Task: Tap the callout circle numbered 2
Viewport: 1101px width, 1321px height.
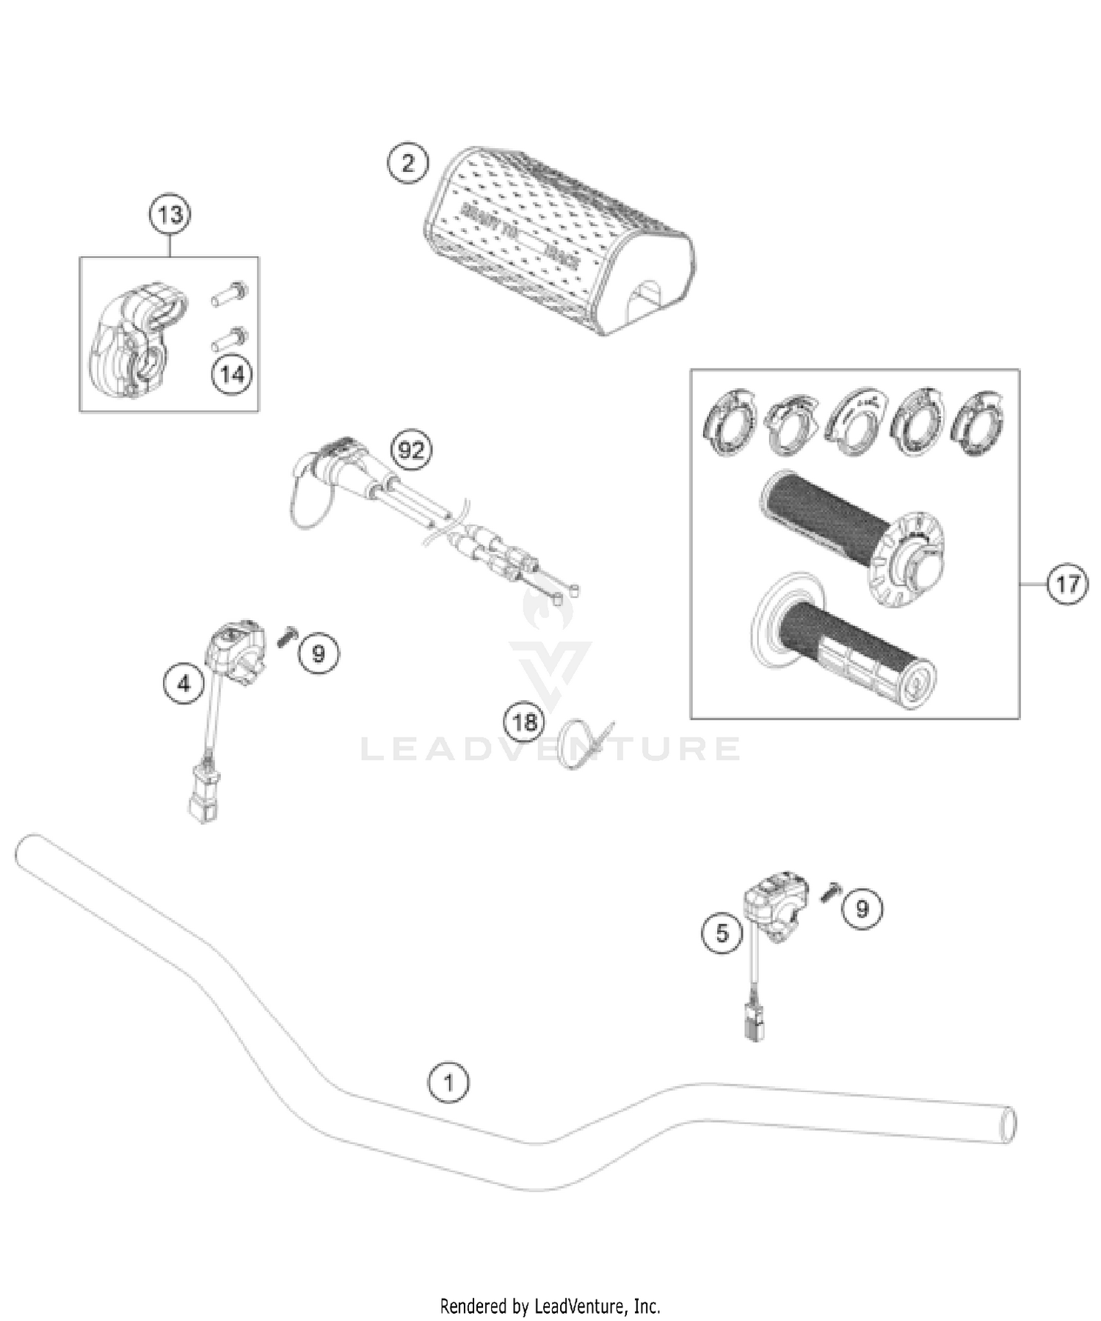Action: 408,162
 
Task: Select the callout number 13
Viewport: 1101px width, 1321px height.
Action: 170,215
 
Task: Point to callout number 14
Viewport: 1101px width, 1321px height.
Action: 232,374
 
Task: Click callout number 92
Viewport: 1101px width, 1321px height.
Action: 411,450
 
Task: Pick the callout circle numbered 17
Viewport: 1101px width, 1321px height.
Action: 1067,584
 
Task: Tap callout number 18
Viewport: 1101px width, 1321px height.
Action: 524,722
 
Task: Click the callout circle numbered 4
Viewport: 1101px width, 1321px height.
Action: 183,684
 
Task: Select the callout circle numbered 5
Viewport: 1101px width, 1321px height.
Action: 723,933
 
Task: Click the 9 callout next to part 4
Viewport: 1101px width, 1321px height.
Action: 319,652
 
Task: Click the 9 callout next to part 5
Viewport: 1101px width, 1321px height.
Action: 862,909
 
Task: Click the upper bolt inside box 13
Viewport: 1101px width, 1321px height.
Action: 229,294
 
